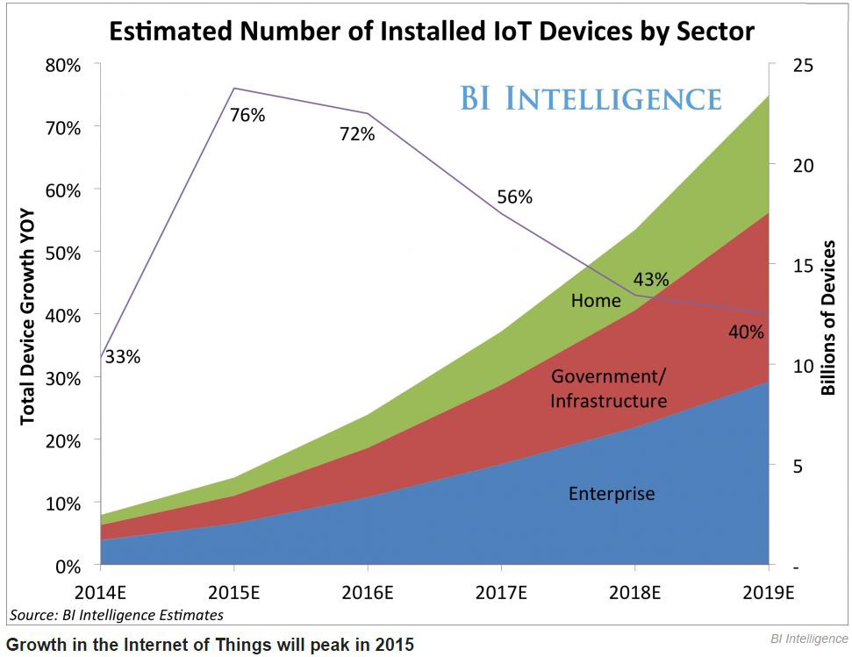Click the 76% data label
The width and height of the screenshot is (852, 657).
click(x=247, y=115)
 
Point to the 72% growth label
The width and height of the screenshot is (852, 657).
click(x=357, y=134)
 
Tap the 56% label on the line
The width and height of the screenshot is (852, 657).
click(x=514, y=196)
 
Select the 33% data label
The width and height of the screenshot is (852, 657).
click(x=122, y=357)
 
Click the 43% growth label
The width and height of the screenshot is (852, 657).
click(x=651, y=280)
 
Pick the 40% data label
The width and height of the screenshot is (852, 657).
click(x=746, y=332)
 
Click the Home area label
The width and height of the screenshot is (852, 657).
click(x=596, y=301)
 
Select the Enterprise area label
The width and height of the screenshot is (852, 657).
click(x=612, y=493)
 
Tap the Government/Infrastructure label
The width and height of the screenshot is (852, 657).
click(x=608, y=389)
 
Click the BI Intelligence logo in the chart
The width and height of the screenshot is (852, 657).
click(x=590, y=97)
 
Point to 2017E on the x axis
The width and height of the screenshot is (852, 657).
click(x=501, y=593)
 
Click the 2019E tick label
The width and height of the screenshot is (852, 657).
click(x=769, y=593)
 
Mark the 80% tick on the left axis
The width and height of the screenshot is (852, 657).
click(x=62, y=66)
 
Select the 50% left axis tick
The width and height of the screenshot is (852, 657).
click(x=62, y=253)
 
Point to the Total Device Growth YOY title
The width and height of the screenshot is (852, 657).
click(x=28, y=316)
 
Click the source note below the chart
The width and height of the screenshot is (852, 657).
click(x=117, y=615)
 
